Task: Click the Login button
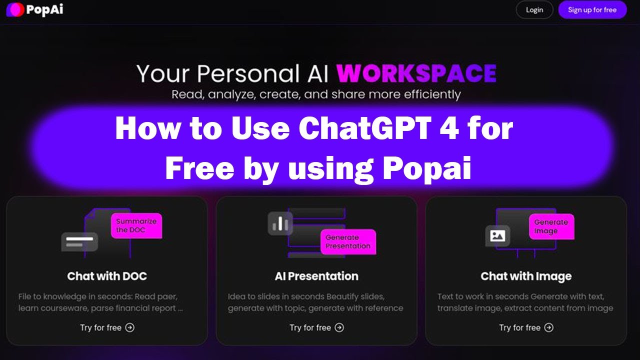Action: (x=534, y=10)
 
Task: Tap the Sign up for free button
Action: (x=592, y=10)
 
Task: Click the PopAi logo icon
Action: (x=14, y=10)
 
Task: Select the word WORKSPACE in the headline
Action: (x=416, y=73)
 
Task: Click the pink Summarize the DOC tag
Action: (x=136, y=225)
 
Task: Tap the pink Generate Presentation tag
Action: (x=348, y=241)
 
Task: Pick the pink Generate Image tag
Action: (x=551, y=226)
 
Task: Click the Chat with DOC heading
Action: (x=107, y=276)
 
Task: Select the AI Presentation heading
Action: (x=316, y=276)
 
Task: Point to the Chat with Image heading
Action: (x=526, y=276)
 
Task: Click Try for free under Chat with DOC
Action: (x=107, y=327)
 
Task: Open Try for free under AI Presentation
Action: (x=316, y=327)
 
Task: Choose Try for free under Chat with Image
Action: (x=526, y=327)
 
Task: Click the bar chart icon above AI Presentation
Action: (x=280, y=224)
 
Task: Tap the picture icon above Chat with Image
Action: (x=497, y=235)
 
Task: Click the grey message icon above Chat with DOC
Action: (x=79, y=241)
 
